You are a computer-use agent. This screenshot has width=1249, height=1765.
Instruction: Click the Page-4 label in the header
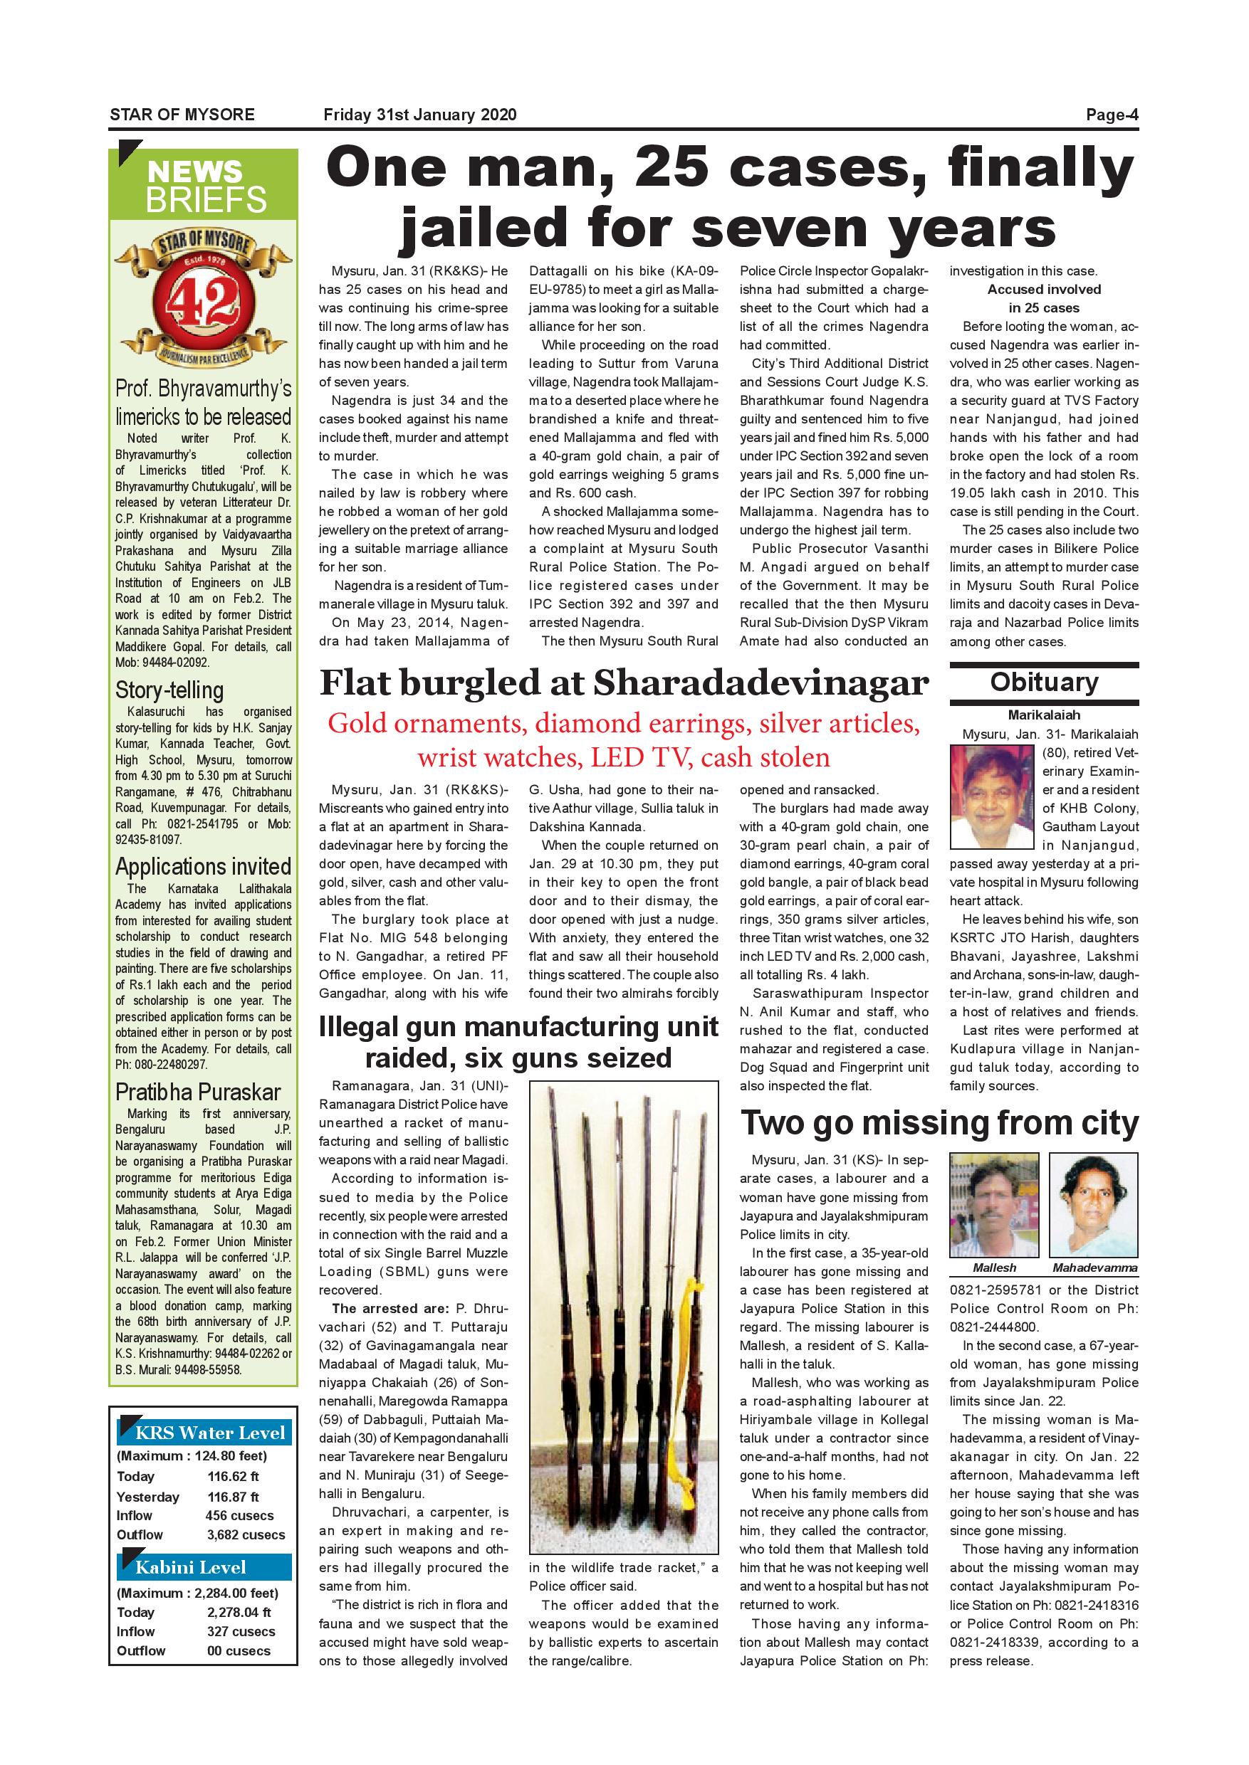click(1112, 115)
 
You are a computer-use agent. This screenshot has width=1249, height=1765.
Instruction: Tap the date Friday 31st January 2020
click(420, 115)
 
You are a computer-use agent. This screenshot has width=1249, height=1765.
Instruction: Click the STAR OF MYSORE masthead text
click(182, 115)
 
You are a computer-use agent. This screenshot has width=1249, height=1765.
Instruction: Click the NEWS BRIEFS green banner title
click(204, 186)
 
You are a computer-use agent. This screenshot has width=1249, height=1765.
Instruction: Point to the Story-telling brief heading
click(169, 690)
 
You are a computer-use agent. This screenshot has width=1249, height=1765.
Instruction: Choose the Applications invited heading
click(203, 866)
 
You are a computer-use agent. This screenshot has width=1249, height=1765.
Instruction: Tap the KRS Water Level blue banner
click(204, 1432)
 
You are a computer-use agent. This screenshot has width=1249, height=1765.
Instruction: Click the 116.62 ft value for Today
click(233, 1476)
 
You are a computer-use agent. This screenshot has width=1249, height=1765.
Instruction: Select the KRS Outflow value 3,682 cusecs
click(246, 1534)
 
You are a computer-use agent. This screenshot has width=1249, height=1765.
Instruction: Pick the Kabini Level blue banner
click(204, 1567)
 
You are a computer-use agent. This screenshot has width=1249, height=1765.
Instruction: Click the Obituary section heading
click(1044, 683)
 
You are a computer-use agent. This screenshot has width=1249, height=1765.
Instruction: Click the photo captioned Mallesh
click(993, 1206)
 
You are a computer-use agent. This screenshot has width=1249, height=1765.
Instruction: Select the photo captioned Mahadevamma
click(1093, 1206)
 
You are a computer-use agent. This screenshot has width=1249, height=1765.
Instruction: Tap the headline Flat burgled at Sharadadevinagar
click(624, 683)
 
